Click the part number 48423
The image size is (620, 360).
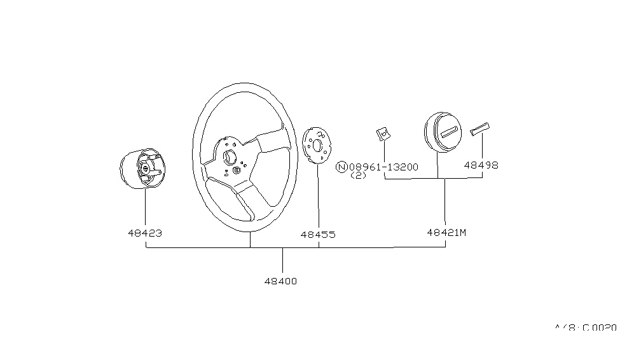coord(145,233)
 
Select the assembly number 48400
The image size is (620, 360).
coord(281,280)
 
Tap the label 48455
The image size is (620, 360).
coord(317,235)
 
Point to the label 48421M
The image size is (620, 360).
coord(446,233)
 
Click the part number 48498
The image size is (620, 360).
coord(481,165)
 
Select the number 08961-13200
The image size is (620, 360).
coord(383,167)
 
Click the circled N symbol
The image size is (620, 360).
coord(341,167)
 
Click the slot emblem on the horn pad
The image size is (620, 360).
coord(449,132)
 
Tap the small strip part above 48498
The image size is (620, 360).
coord(478,128)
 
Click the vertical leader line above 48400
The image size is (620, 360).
coord(282,261)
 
